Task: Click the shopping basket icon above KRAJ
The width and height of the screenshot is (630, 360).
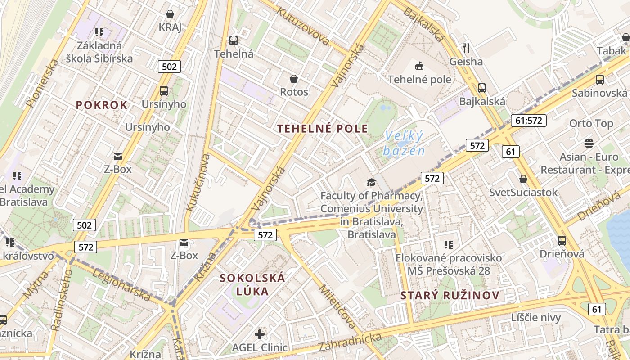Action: [170, 14]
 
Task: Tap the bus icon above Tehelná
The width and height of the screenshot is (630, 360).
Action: [233, 40]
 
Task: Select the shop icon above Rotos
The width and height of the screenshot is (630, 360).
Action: [294, 79]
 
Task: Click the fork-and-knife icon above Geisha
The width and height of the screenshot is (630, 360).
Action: [466, 48]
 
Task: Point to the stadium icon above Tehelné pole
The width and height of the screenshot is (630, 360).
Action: [419, 66]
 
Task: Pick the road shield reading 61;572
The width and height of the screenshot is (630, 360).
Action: [528, 120]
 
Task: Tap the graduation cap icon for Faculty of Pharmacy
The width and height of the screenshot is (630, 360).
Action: [371, 182]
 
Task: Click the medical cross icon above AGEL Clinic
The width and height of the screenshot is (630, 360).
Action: [260, 334]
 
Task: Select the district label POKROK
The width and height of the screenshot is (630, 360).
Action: [102, 105]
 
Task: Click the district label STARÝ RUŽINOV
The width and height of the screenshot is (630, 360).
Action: [450, 296]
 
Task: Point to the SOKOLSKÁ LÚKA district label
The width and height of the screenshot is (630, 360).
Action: [252, 284]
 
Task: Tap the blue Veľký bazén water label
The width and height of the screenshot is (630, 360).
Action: [404, 143]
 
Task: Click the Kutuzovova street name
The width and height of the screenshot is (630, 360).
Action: [303, 26]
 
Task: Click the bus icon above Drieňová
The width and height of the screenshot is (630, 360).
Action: [562, 240]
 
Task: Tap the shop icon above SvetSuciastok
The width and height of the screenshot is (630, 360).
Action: [523, 179]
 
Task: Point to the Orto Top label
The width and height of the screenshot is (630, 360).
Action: [591, 123]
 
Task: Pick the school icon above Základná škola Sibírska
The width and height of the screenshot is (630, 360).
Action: [99, 32]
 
